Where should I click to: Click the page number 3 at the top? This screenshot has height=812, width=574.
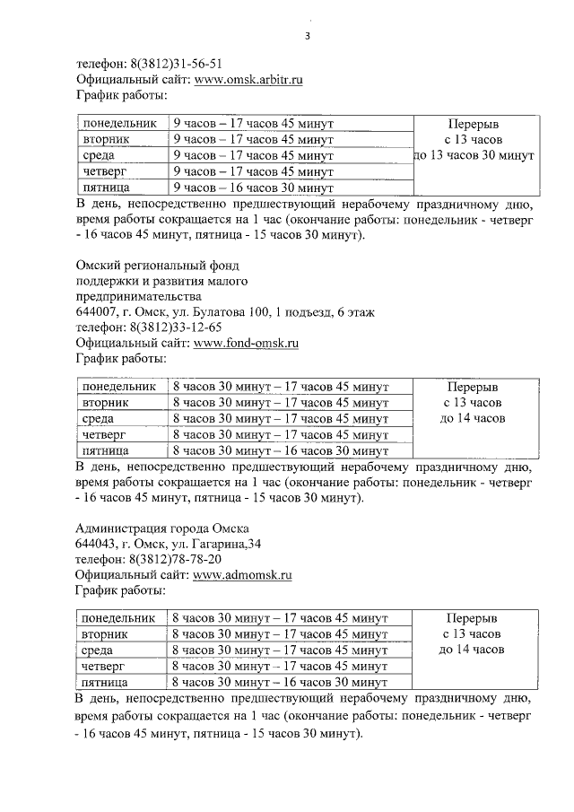pos(308,37)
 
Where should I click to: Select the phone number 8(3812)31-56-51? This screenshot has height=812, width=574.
pos(177,65)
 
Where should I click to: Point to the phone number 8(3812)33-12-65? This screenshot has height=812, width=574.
pos(177,327)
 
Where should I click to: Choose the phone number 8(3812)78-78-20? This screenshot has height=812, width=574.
pos(177,559)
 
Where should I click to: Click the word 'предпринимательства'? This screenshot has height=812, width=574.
pos(139,296)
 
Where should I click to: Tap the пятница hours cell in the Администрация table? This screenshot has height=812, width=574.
pos(279,683)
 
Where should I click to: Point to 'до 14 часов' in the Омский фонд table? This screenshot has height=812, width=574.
pos(473,418)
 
